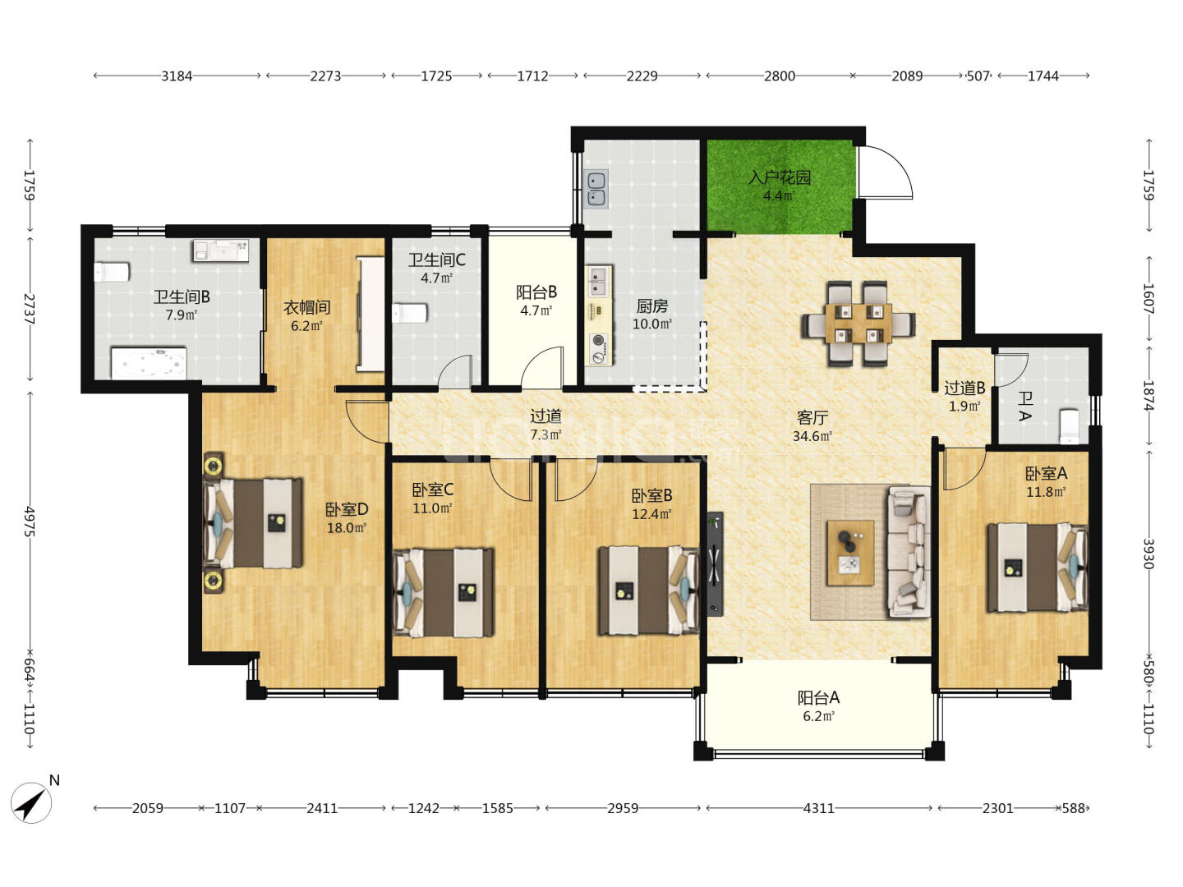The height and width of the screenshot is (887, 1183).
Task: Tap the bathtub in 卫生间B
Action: (149, 364)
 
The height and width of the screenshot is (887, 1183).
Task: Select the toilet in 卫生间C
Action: (410, 313)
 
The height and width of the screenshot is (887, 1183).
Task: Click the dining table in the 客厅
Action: (858, 323)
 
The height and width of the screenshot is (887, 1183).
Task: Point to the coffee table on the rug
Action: (850, 553)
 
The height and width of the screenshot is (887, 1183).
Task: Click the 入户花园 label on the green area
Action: (780, 177)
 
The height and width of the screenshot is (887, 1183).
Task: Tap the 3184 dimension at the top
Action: (177, 76)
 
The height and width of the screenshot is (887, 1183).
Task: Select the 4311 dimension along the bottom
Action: (819, 808)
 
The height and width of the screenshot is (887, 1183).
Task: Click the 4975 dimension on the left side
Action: (30, 522)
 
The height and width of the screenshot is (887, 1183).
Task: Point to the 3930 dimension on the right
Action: (1148, 554)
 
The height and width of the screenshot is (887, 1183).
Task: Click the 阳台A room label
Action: (819, 698)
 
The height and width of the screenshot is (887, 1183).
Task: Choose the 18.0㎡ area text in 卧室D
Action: (347, 528)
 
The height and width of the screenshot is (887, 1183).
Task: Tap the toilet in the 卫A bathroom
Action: (1070, 426)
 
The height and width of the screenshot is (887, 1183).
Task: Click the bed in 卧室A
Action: (1038, 568)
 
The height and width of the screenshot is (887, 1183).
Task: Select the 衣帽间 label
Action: (306, 307)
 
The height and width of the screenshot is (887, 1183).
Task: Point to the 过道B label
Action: (964, 388)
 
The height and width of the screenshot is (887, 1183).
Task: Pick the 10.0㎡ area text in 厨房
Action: (652, 324)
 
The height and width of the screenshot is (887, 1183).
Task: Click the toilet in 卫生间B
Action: (112, 272)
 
